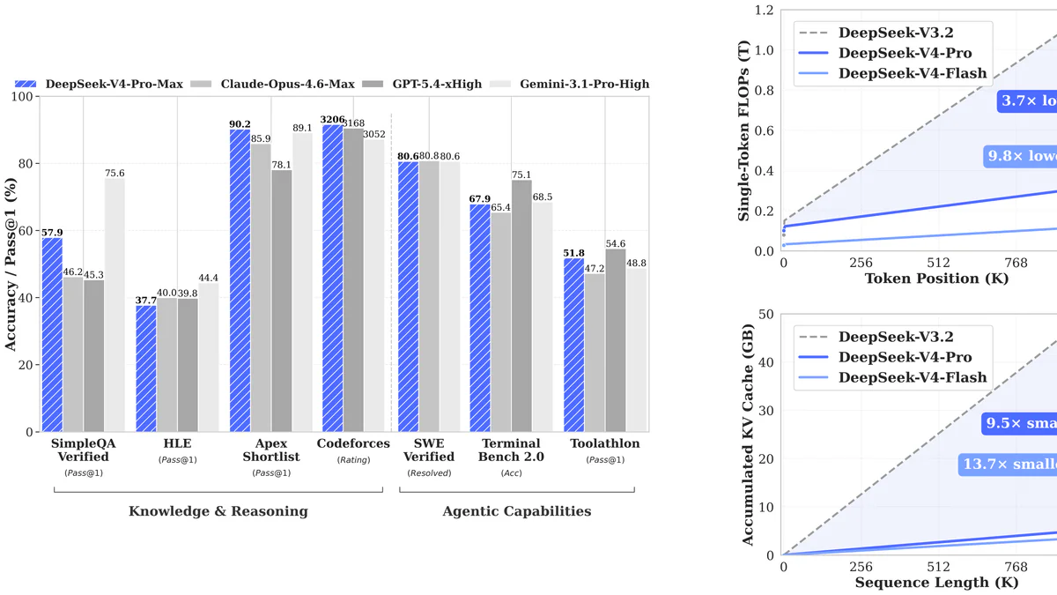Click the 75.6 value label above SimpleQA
[115, 174]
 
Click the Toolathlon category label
[605, 443]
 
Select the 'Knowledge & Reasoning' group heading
[218, 511]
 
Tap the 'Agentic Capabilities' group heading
[517, 511]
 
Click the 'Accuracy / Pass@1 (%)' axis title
[11, 264]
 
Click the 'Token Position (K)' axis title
[935, 279]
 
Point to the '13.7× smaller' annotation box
[1009, 465]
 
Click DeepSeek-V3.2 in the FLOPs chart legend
[896, 33]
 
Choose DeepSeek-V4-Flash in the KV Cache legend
[913, 377]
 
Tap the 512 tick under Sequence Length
[939, 568]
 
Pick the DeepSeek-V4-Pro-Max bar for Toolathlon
[573, 345]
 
